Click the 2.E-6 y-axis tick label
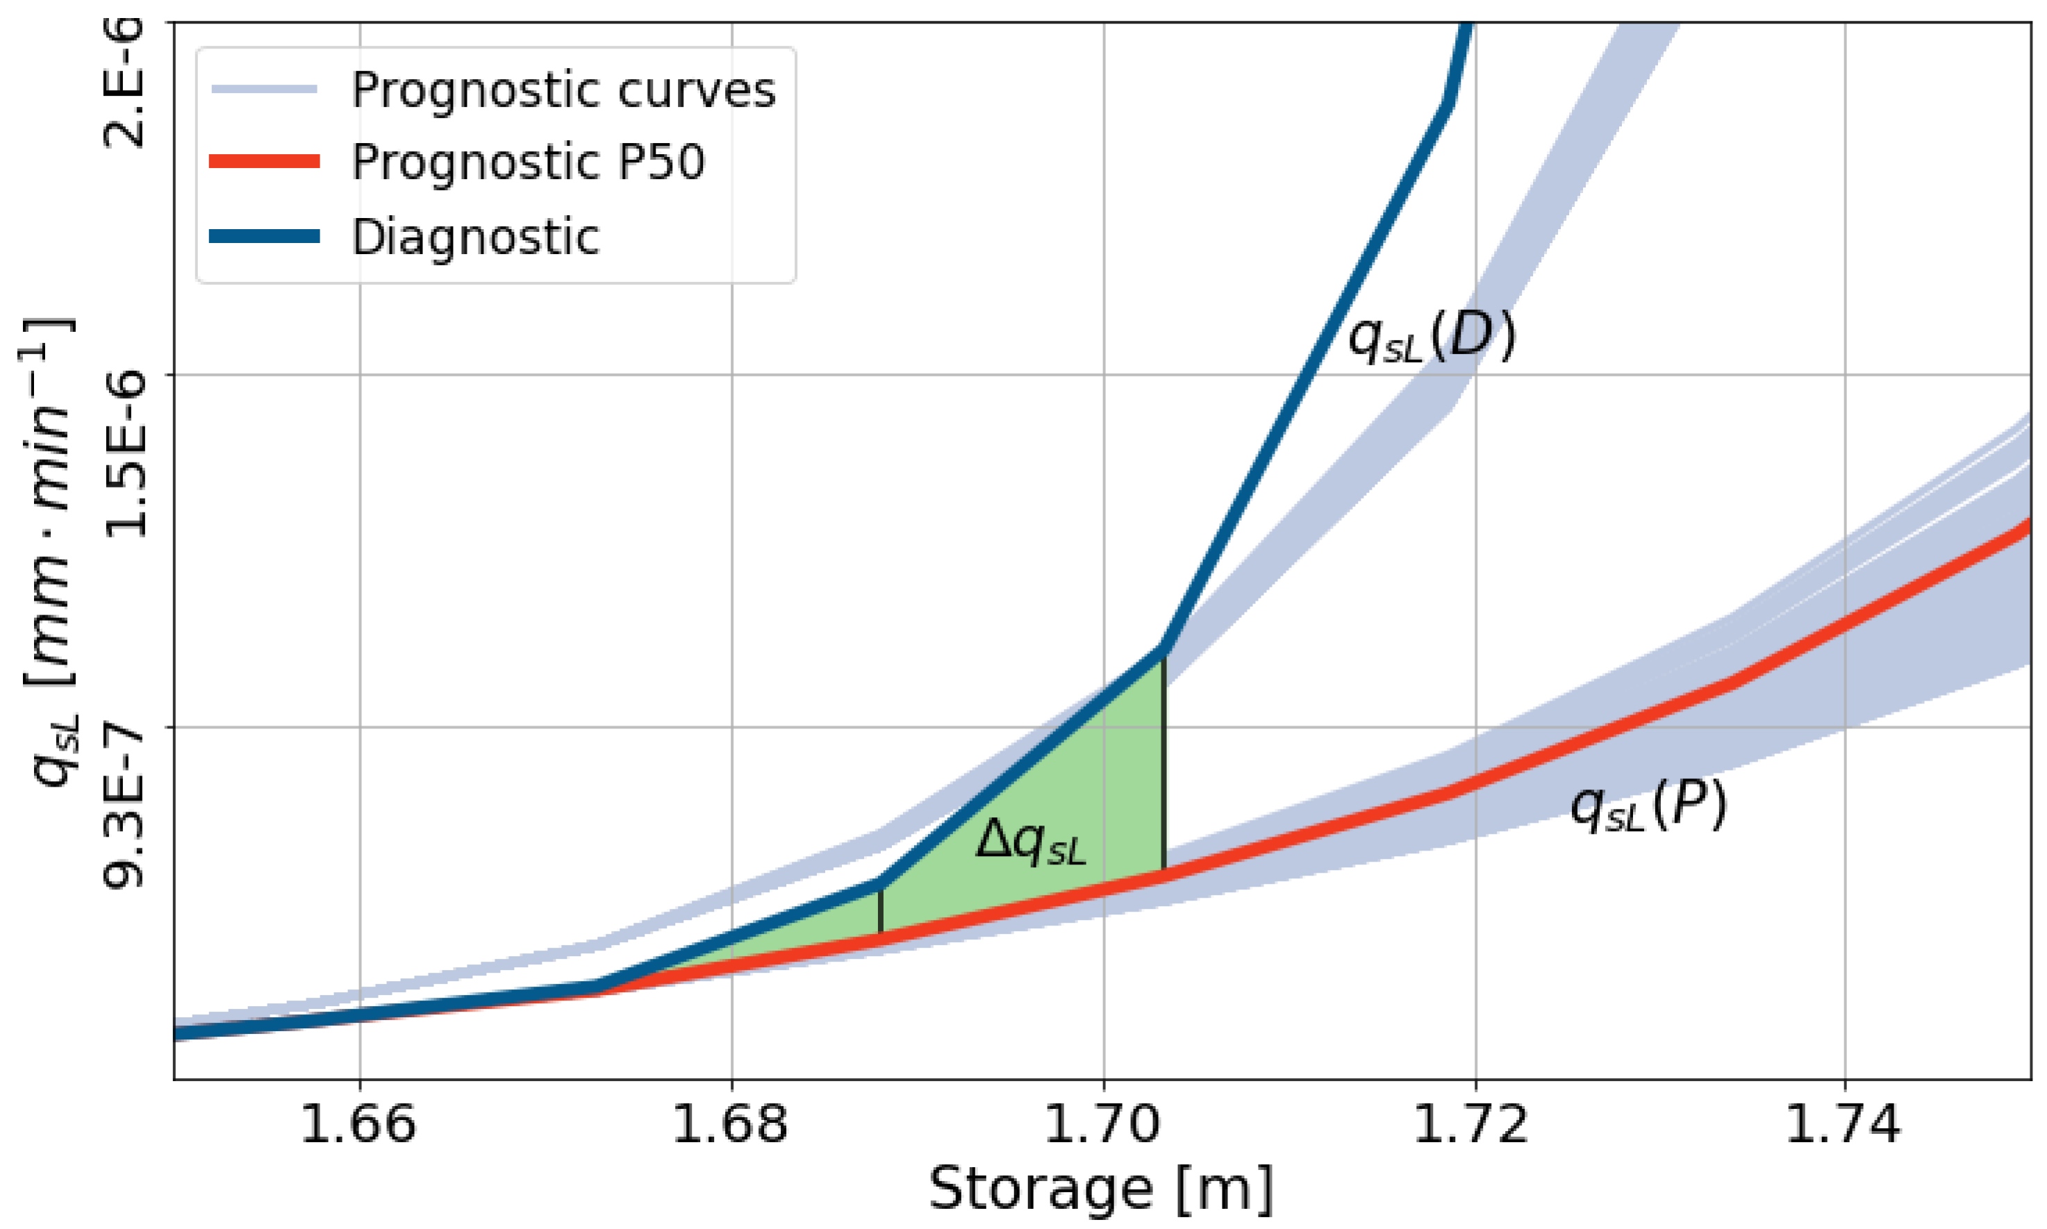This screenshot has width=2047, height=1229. pos(124,83)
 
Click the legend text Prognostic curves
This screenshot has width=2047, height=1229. pos(563,90)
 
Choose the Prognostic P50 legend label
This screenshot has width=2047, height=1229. pos(528,162)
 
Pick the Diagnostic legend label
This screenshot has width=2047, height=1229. pos(474,237)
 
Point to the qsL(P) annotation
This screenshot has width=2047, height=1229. pos(1648,805)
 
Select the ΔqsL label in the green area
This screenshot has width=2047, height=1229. pos(1029,842)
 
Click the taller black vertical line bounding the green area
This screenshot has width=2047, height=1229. pos(1164,762)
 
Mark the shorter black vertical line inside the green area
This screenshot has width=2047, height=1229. pos(881,911)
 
